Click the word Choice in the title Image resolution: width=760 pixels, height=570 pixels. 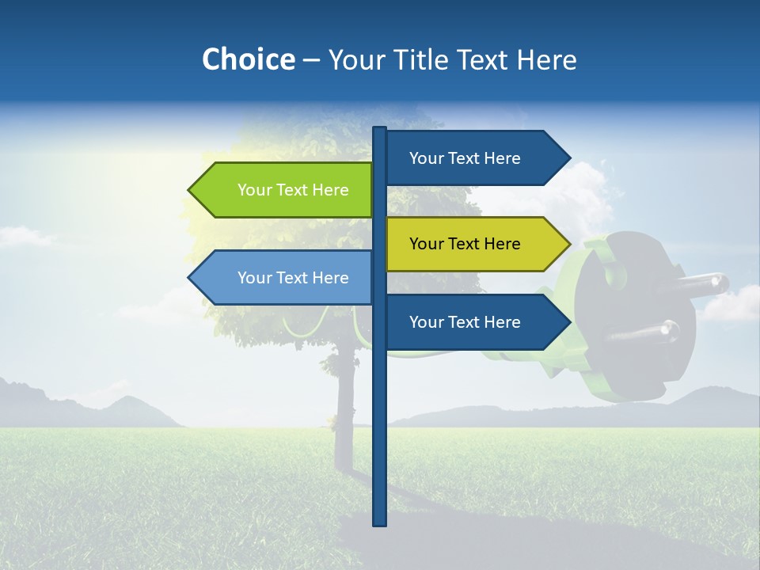[248, 59]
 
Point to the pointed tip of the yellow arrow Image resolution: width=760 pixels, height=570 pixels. [568, 244]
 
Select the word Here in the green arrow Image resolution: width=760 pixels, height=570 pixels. [330, 190]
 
